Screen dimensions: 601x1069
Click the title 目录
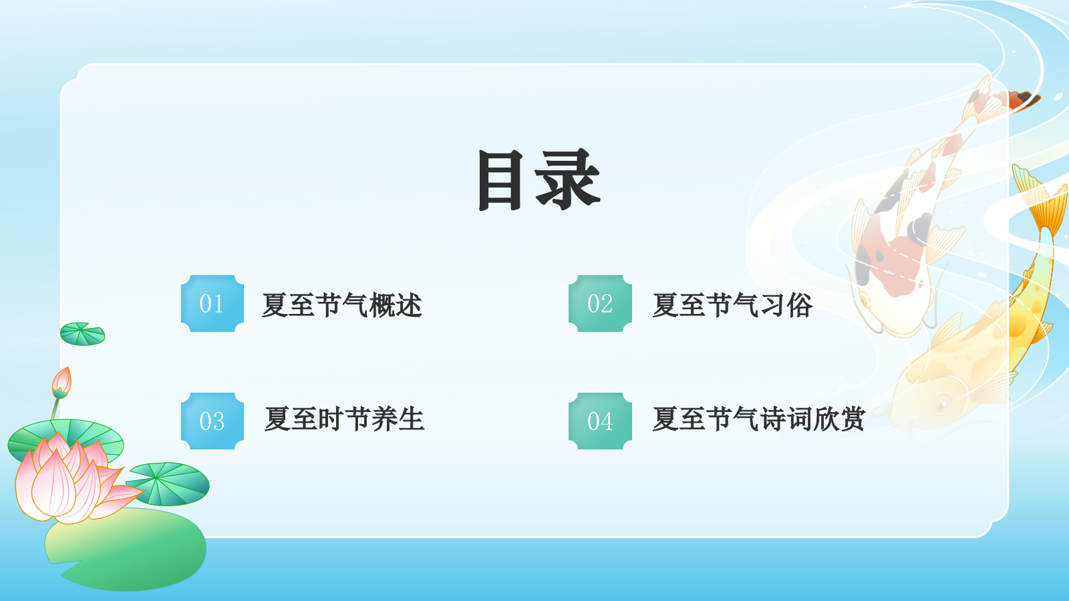click(x=539, y=180)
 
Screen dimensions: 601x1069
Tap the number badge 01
click(x=212, y=304)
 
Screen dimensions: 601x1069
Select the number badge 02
click(x=600, y=304)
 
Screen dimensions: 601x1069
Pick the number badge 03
click(x=212, y=421)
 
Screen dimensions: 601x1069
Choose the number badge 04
click(x=600, y=421)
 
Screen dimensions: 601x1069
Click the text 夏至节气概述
click(x=341, y=305)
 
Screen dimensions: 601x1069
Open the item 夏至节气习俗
click(x=732, y=305)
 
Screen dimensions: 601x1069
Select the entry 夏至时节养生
click(x=344, y=419)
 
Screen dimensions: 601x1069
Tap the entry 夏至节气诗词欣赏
click(x=758, y=419)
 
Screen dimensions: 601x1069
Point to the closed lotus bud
click(x=61, y=383)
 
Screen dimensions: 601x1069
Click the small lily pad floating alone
click(x=82, y=334)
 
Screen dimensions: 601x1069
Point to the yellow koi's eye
click(x=942, y=405)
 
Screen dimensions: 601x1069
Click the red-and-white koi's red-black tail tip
click(x=1022, y=99)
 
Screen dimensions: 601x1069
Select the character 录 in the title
click(x=568, y=180)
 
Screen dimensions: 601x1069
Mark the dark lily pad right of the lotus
click(x=168, y=483)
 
